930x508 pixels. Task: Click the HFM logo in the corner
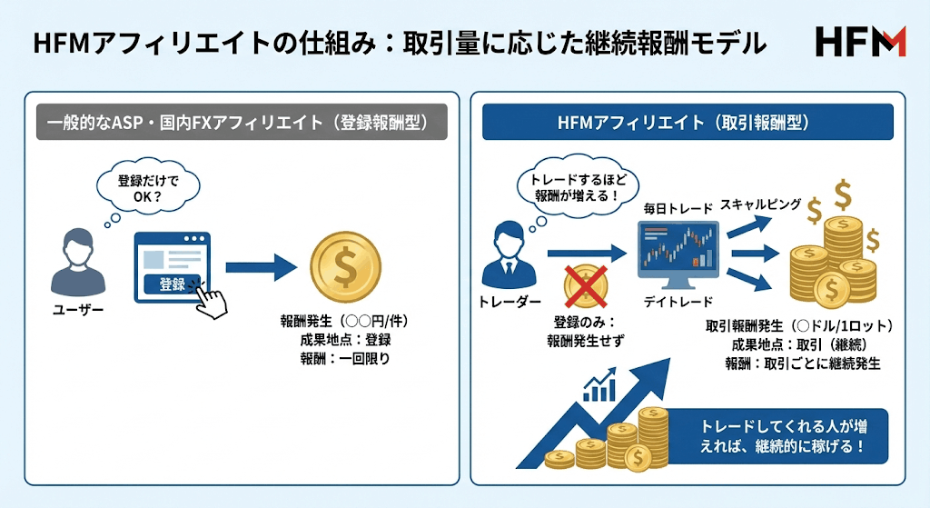(x=860, y=42)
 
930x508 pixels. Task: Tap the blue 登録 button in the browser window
(x=173, y=284)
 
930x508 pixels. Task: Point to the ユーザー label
(x=77, y=311)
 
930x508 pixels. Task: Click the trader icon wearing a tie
(x=508, y=256)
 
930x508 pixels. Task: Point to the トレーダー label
(x=508, y=299)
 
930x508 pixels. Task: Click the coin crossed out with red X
(x=586, y=288)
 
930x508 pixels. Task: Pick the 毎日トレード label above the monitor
(x=678, y=209)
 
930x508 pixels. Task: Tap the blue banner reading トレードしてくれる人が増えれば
(x=777, y=434)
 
